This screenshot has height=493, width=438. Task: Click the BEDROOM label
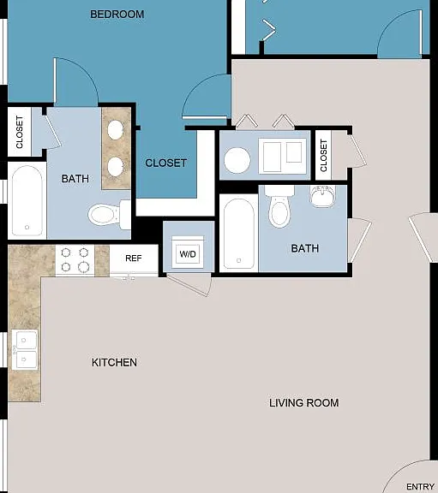117,15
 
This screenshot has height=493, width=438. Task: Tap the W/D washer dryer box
188,252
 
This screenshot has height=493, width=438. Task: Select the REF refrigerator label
134,258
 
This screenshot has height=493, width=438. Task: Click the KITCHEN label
114,362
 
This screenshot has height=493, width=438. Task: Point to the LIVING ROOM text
304,403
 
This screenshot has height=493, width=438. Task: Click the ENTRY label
420,487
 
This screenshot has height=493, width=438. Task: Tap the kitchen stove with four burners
75,261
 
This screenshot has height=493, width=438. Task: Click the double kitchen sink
25,349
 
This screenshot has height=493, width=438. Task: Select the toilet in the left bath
109,215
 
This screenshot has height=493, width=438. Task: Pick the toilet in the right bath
279,206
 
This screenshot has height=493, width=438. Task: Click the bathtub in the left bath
27,200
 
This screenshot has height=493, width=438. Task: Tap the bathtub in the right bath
238,234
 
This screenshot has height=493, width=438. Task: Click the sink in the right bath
323,196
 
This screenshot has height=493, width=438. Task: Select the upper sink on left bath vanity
115,130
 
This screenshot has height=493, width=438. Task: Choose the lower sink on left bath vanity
115,166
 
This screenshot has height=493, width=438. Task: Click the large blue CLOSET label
166,163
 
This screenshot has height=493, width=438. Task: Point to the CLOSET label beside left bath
20,132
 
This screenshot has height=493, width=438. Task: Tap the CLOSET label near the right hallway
324,156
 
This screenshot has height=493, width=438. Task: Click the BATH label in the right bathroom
305,248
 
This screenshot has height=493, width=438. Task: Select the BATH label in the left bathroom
75,179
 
